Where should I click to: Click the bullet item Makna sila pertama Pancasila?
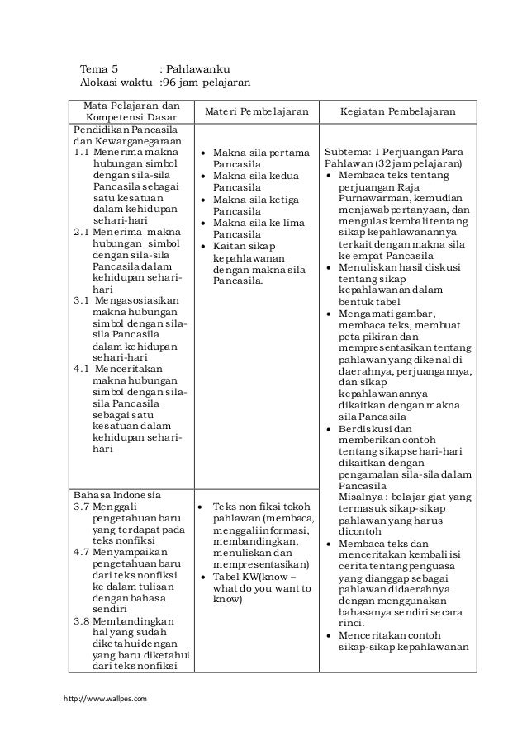[260, 159]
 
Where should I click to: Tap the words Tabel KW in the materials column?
[233, 576]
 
